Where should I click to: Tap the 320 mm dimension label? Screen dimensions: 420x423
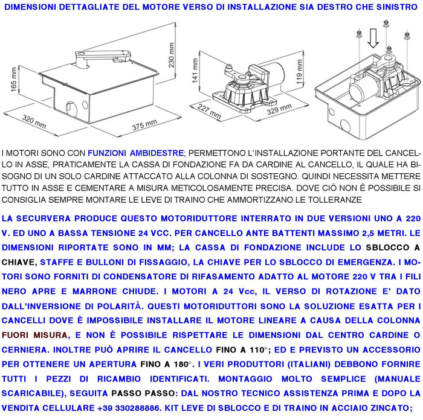pyautogui.click(x=34, y=124)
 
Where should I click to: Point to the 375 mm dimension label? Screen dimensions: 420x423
pyautogui.click(x=144, y=124)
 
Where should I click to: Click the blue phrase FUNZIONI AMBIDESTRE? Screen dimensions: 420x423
pyautogui.click(x=135, y=154)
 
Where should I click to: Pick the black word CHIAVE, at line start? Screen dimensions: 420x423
pyautogui.click(x=19, y=262)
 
